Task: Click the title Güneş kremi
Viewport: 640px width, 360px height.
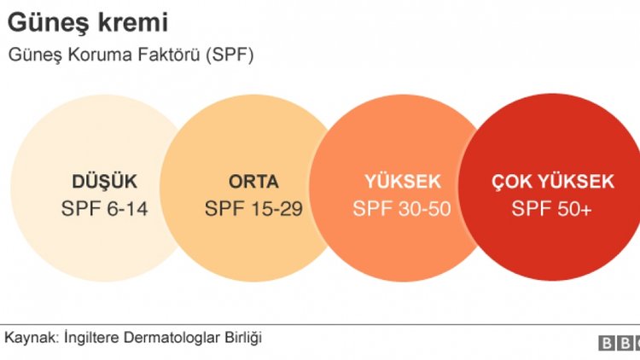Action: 76,22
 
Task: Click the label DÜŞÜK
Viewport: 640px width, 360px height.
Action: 104,182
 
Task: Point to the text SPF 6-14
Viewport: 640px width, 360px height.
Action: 104,209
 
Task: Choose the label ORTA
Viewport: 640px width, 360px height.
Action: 253,182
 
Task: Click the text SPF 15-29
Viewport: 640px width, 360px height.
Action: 253,209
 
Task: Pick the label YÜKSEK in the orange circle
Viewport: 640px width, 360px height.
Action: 403,182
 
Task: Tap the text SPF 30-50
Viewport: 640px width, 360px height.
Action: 403,209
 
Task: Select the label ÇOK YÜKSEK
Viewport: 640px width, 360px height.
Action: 552,182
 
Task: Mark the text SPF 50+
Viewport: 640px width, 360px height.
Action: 552,209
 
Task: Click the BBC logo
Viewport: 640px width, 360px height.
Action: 619,343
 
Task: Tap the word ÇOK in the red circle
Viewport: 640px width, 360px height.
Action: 510,182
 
